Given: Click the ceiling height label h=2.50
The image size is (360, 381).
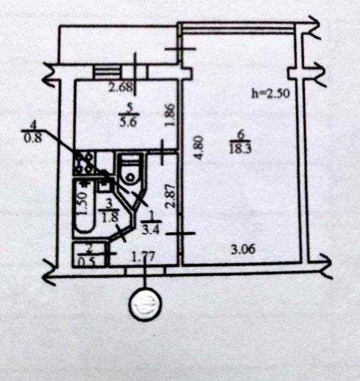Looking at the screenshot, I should point(271,94).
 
